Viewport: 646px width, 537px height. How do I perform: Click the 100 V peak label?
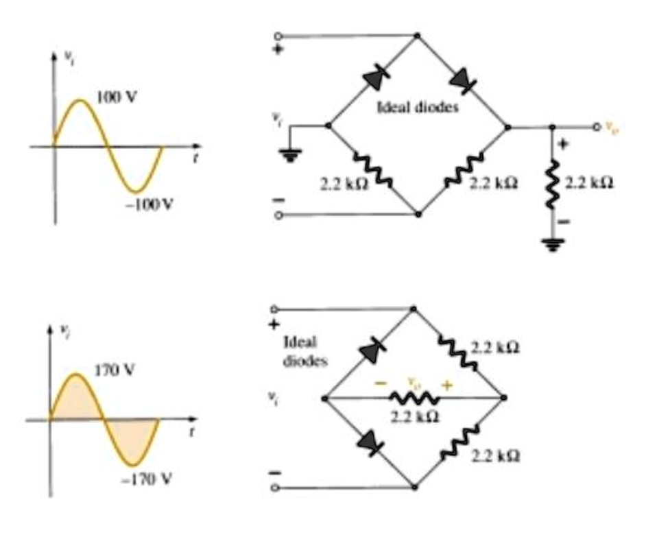click(x=117, y=97)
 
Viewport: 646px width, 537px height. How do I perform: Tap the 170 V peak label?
click(x=113, y=370)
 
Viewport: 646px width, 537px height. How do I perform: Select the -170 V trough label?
click(x=152, y=478)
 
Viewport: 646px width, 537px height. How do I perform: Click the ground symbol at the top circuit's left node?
click(x=292, y=156)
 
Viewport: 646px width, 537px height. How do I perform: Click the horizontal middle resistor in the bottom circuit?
click(x=414, y=398)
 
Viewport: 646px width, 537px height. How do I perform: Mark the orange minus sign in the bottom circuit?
click(x=379, y=385)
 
